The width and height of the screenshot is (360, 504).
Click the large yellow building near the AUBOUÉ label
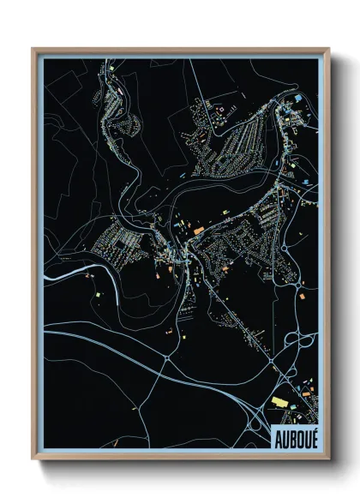click(279, 399)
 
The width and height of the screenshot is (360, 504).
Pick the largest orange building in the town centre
click(198, 230)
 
